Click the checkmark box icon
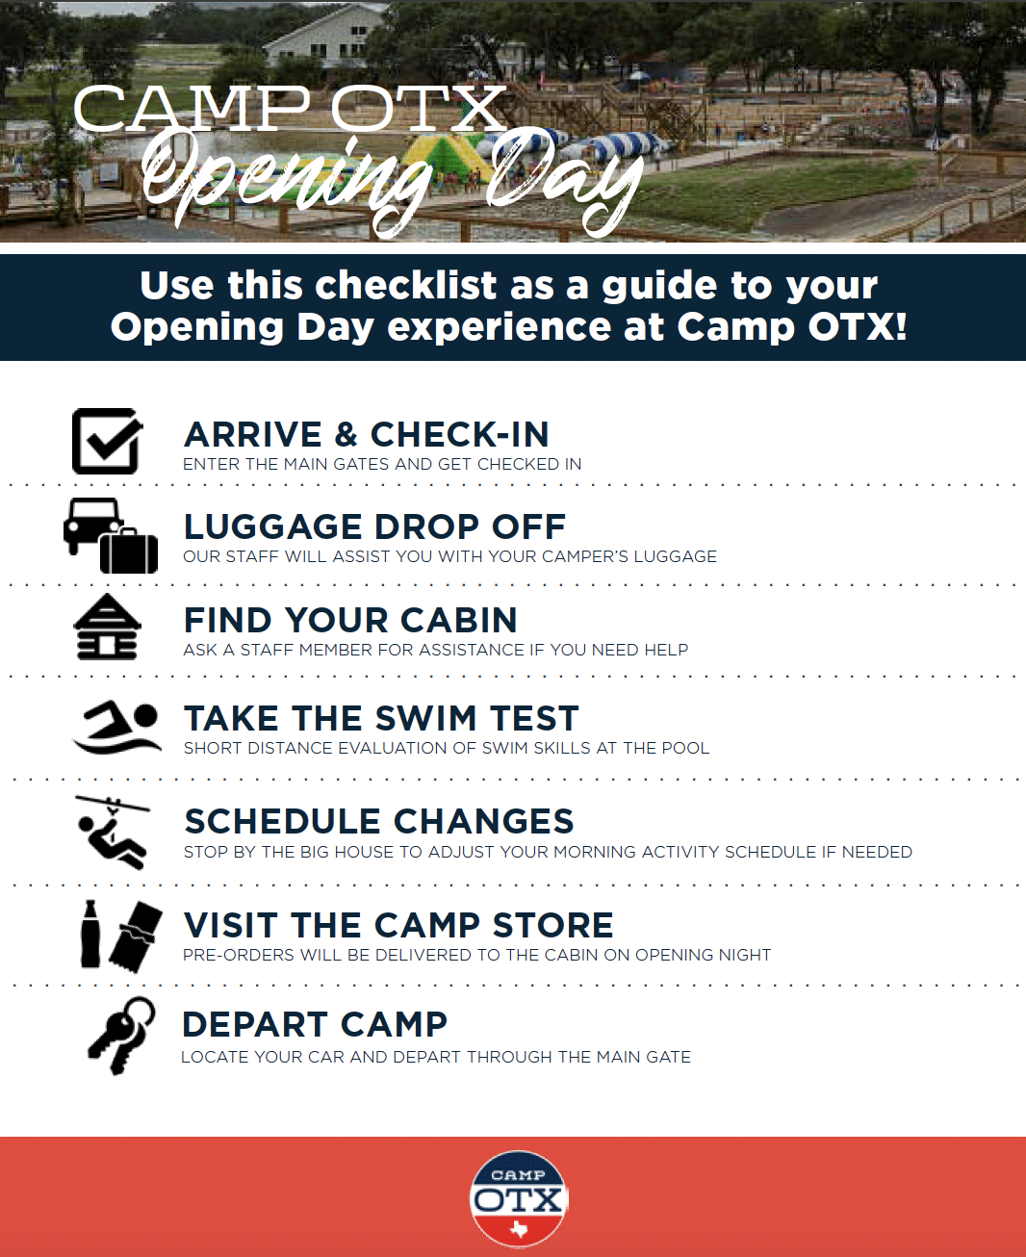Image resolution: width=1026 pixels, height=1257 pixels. click(x=107, y=441)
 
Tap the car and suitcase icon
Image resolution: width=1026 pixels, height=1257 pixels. click(x=111, y=535)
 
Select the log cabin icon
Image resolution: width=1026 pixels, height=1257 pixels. click(x=107, y=627)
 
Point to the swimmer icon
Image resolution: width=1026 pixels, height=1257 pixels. click(x=116, y=727)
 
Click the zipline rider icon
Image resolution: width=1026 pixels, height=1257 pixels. click(x=113, y=832)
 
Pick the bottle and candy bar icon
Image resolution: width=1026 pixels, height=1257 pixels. click(x=121, y=936)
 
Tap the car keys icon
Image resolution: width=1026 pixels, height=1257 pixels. click(x=121, y=1037)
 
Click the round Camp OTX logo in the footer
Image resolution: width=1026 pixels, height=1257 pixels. click(x=519, y=1198)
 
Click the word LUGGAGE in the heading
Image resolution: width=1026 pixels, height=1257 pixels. click(x=273, y=526)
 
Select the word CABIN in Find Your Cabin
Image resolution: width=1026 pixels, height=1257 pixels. click(x=458, y=620)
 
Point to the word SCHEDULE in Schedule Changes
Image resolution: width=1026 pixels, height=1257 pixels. click(x=282, y=821)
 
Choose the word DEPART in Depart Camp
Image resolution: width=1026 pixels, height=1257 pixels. click(x=254, y=1024)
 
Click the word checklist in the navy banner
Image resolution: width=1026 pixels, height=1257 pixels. click(x=405, y=285)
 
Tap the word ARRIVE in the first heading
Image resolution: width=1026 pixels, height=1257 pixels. click(x=253, y=434)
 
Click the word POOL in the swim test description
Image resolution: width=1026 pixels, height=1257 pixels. click(x=686, y=748)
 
